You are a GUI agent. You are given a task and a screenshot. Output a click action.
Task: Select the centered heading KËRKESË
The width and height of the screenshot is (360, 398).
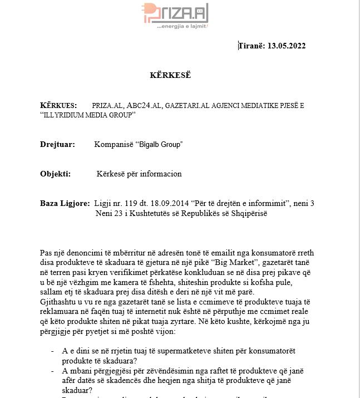[170, 75]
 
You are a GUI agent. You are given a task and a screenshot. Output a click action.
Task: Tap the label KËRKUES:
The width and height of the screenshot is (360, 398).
[58, 105]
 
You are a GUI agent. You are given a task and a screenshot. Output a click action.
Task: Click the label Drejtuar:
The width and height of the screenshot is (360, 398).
[57, 145]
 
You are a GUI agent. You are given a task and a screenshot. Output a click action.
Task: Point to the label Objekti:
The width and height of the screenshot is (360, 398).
[55, 174]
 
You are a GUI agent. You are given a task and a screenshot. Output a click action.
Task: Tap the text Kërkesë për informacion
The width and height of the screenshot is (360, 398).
[139, 174]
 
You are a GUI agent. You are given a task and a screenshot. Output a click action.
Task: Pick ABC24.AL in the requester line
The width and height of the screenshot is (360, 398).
[143, 105]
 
